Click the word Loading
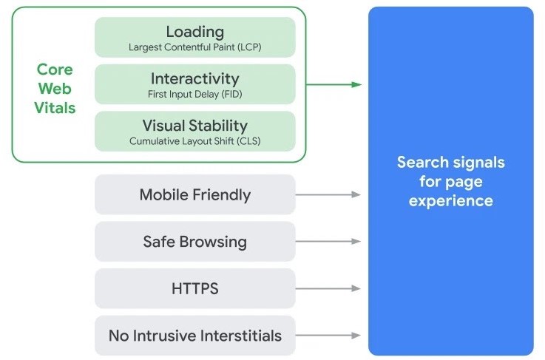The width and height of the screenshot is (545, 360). [x=195, y=32]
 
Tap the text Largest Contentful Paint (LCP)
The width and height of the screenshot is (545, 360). [x=195, y=47]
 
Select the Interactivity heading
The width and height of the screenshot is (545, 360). [x=195, y=78]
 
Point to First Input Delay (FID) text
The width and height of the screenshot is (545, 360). [x=195, y=94]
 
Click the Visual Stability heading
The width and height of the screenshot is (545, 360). [x=195, y=125]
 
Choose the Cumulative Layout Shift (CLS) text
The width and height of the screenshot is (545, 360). [x=195, y=140]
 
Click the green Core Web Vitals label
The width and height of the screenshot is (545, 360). [x=55, y=89]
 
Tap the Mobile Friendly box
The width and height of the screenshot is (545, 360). [x=195, y=195]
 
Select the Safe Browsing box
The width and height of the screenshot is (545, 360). [x=195, y=242]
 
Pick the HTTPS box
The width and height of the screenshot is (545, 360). [x=195, y=288]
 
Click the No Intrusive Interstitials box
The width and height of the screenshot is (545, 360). [x=195, y=336]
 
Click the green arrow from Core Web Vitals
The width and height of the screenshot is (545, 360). [x=333, y=84]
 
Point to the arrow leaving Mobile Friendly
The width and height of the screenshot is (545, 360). [x=328, y=194]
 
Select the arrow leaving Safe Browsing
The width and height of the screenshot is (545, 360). [x=328, y=242]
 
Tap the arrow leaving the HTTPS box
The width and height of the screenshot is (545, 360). [x=328, y=288]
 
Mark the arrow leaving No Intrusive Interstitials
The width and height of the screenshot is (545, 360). [x=328, y=336]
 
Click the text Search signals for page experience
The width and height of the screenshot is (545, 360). [x=450, y=181]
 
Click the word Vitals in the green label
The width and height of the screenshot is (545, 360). [x=55, y=108]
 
